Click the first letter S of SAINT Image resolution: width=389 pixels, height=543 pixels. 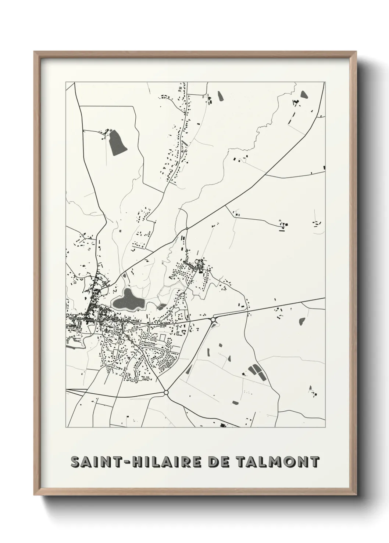click(x=75, y=462)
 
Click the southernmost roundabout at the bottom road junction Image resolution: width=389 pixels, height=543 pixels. click(x=166, y=393)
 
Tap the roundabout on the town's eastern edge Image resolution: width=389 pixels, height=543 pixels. click(x=213, y=320)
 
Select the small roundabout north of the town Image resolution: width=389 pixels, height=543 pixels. click(x=187, y=229)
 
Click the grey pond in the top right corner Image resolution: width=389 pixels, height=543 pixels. click(x=304, y=95)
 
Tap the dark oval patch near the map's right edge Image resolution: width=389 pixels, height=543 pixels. click(x=303, y=321)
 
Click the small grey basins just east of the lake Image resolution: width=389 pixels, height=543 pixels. click(x=161, y=306)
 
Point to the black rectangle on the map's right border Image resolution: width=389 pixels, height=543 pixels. click(x=324, y=168)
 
